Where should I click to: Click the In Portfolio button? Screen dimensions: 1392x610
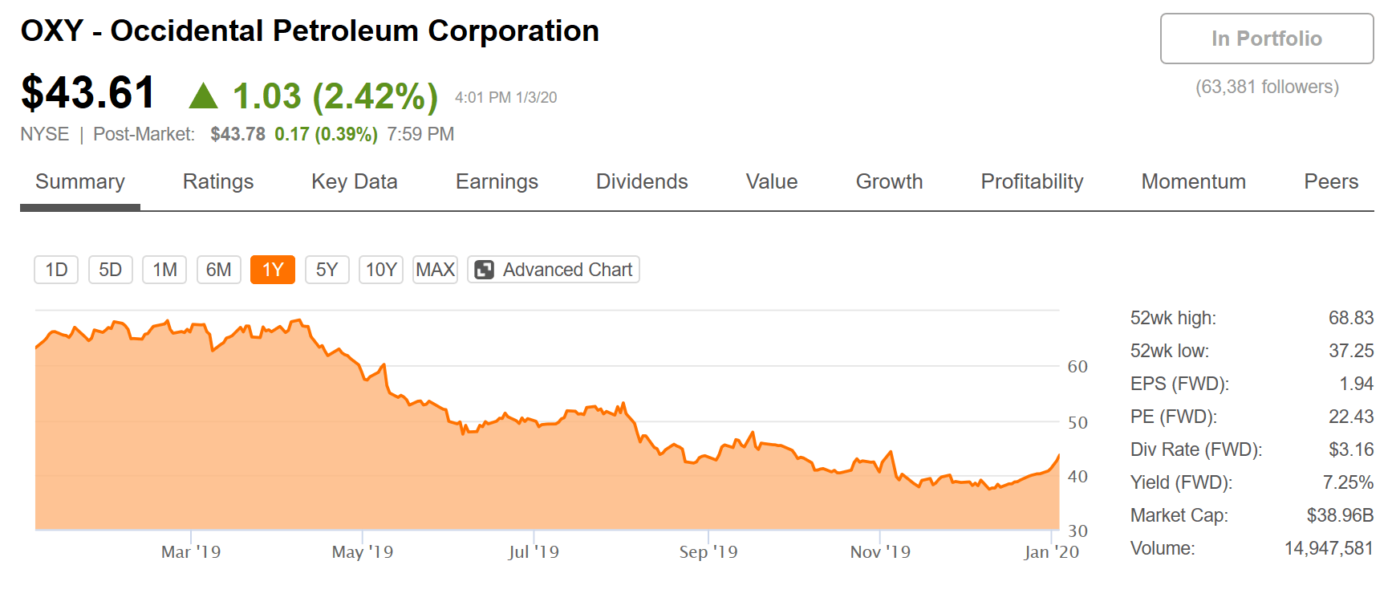(1267, 39)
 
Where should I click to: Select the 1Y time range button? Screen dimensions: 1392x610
(273, 270)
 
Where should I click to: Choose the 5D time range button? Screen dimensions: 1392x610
(110, 270)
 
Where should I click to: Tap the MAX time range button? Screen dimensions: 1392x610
(436, 270)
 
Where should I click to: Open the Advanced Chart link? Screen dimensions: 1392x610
(554, 270)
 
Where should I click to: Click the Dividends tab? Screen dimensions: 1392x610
(642, 182)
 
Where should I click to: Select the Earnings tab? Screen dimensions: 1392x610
(497, 182)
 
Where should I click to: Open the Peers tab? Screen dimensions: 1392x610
(1331, 182)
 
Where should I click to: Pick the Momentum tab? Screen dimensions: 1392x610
(1194, 182)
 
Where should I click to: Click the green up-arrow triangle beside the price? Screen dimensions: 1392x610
(203, 96)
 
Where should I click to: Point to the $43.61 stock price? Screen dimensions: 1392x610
(87, 92)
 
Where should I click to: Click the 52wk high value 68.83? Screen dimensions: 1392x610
(1351, 318)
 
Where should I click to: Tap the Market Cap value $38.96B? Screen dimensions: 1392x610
(1340, 515)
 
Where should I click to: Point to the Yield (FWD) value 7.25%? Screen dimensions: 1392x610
(1348, 482)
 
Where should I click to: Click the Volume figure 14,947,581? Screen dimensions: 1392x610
(1329, 548)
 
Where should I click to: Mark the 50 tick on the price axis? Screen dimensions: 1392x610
(1077, 423)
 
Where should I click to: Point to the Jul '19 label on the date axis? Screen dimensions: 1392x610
(534, 552)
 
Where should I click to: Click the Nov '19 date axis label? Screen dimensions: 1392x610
(880, 552)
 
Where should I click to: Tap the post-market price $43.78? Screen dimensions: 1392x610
(237, 134)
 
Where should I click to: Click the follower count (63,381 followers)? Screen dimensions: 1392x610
(1267, 87)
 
